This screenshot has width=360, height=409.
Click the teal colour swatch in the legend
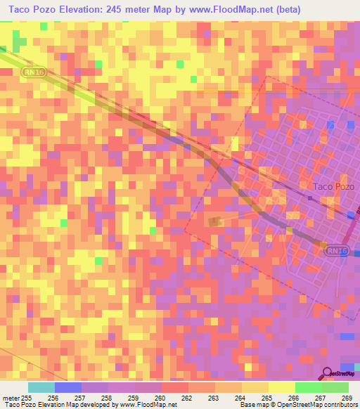coord(41,387)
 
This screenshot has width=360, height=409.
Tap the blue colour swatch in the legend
coord(67,387)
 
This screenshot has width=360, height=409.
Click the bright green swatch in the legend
coord(309,387)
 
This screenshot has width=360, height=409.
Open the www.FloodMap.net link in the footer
coord(147,405)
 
